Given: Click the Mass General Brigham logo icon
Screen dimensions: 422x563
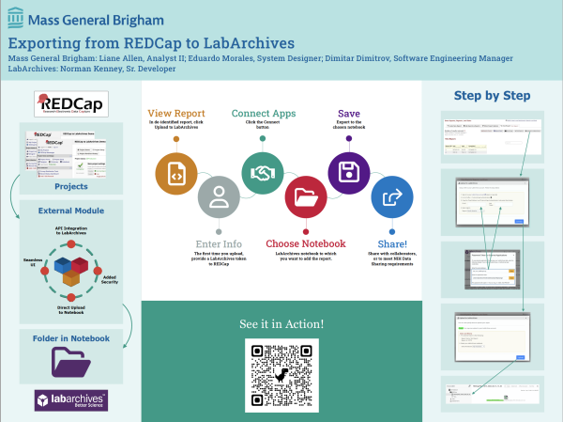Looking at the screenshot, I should [18, 19].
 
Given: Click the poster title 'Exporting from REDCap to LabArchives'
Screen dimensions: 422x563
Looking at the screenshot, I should [151, 43].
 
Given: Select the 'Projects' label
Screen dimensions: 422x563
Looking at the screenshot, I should [71, 185].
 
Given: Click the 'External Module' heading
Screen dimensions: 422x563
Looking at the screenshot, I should [71, 211].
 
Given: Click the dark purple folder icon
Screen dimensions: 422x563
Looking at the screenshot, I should [71, 362].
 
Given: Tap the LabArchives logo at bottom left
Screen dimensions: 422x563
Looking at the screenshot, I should [71, 400].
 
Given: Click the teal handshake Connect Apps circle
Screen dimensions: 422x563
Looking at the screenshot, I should [262, 173].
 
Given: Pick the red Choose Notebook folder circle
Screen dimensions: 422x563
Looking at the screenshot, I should [306, 198].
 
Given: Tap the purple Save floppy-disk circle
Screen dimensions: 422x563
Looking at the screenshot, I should [348, 173].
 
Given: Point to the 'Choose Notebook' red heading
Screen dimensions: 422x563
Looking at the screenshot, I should [306, 243].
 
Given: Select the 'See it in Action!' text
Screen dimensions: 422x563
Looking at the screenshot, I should [282, 324].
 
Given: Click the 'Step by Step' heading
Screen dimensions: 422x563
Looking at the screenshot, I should [492, 95].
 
